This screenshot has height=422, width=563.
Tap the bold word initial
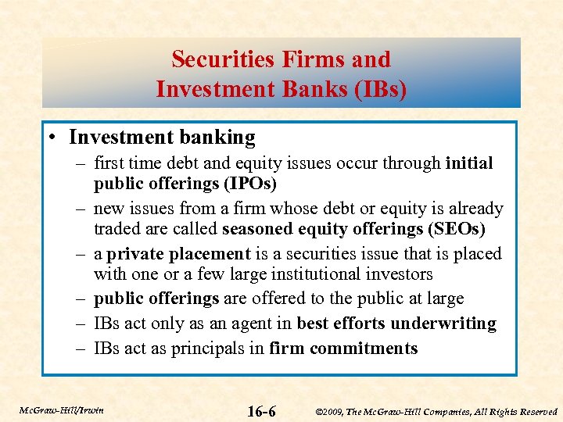click(469, 163)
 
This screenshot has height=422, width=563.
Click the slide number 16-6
click(261, 410)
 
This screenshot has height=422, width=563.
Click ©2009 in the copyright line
click(329, 411)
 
